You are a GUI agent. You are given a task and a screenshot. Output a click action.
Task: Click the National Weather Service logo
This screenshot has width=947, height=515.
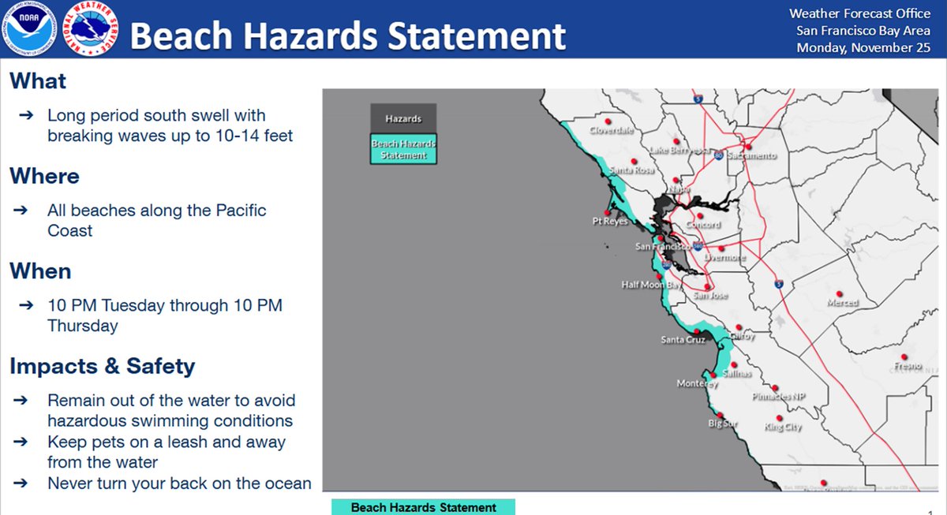[x=88, y=28]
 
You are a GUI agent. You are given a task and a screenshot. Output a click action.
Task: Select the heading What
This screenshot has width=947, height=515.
[x=38, y=81]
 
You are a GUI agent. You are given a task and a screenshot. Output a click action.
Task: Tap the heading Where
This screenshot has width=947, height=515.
[x=44, y=176]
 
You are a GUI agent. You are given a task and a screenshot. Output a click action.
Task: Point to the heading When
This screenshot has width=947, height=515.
[x=40, y=271]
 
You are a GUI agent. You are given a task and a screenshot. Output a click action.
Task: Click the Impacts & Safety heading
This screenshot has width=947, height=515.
[x=102, y=366]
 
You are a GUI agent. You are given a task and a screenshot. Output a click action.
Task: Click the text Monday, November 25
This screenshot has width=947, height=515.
[x=863, y=48]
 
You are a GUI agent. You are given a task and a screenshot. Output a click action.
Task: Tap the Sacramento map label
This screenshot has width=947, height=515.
[x=751, y=156]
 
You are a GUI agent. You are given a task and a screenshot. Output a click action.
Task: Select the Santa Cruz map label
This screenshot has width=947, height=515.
[x=683, y=341]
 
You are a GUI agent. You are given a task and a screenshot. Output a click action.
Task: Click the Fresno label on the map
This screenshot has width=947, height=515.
[x=908, y=367]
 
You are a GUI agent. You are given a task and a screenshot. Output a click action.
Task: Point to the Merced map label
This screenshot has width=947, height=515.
[x=842, y=303]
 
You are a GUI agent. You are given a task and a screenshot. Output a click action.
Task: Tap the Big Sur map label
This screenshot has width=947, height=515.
[x=722, y=424]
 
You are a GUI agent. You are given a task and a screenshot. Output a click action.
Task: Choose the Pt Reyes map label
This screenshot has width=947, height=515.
[x=610, y=222]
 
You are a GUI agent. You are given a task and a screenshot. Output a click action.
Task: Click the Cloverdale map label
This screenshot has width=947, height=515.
[x=612, y=131]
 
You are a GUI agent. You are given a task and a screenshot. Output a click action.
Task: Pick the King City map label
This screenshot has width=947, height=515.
[x=783, y=427]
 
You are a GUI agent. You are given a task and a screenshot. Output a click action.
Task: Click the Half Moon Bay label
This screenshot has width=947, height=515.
[x=651, y=285]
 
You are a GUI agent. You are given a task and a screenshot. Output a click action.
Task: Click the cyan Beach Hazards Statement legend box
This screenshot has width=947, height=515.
[x=403, y=149]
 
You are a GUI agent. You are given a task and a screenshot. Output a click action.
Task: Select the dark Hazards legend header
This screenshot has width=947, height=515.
[x=403, y=119]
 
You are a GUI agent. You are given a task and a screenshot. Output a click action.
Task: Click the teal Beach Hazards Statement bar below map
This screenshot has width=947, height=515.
[x=423, y=507]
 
